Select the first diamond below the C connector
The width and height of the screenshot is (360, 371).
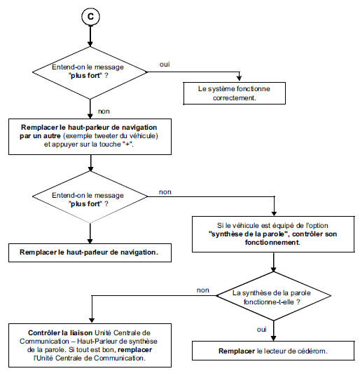point(90,70)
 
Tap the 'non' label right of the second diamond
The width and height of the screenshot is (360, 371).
point(167,191)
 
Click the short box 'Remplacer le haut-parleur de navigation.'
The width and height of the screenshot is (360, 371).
point(91,250)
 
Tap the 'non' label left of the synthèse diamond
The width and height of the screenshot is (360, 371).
point(202,289)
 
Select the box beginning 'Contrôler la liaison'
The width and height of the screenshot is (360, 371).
point(91,343)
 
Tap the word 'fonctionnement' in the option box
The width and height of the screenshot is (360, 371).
point(272,242)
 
